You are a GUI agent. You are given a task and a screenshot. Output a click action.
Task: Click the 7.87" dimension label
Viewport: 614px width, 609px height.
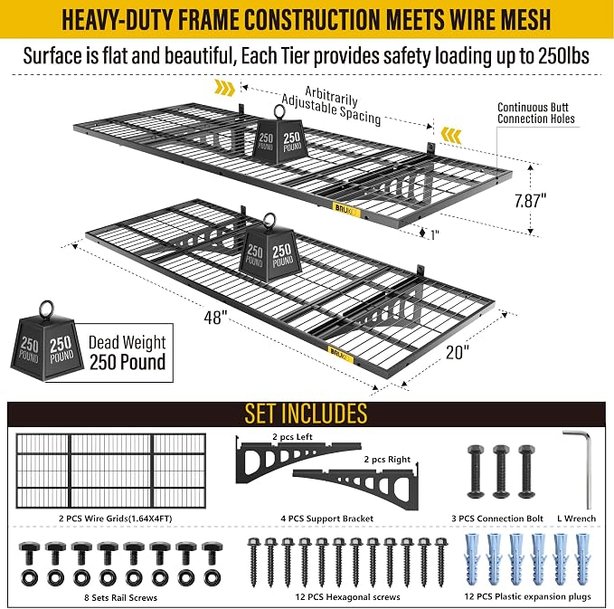click(x=530, y=201)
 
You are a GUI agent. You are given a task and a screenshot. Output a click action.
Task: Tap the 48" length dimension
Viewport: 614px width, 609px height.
click(x=215, y=318)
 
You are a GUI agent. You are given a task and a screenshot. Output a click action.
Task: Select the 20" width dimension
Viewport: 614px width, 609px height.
click(x=457, y=352)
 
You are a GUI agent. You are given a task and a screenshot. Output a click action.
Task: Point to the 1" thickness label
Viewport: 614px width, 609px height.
click(x=434, y=234)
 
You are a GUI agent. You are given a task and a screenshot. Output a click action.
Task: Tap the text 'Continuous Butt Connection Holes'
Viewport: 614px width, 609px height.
click(x=535, y=113)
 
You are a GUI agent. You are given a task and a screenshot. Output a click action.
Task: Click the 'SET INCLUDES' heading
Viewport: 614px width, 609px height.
click(x=307, y=413)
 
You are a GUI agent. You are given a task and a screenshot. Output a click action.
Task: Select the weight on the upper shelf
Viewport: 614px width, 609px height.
click(x=279, y=135)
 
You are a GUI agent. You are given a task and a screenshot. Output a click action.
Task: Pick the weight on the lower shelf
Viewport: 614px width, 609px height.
click(x=269, y=248)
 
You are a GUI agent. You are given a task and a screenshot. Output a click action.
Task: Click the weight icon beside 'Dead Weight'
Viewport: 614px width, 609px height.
click(x=47, y=341)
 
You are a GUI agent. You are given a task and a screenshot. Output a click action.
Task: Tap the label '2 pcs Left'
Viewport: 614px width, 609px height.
click(x=292, y=436)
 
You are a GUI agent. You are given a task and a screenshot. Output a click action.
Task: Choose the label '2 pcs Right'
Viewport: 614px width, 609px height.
click(x=387, y=460)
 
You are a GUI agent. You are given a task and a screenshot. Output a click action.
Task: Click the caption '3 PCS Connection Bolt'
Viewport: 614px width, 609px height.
click(x=497, y=519)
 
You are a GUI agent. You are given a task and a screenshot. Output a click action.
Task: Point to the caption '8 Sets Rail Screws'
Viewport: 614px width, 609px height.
click(x=120, y=597)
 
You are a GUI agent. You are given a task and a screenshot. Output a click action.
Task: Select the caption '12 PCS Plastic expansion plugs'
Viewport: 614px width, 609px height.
click(x=527, y=596)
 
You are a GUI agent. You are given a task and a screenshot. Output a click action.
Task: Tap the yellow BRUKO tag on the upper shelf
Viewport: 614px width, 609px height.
click(x=346, y=210)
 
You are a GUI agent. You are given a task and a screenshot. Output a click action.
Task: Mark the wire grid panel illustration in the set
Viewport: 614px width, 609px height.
click(x=111, y=471)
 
